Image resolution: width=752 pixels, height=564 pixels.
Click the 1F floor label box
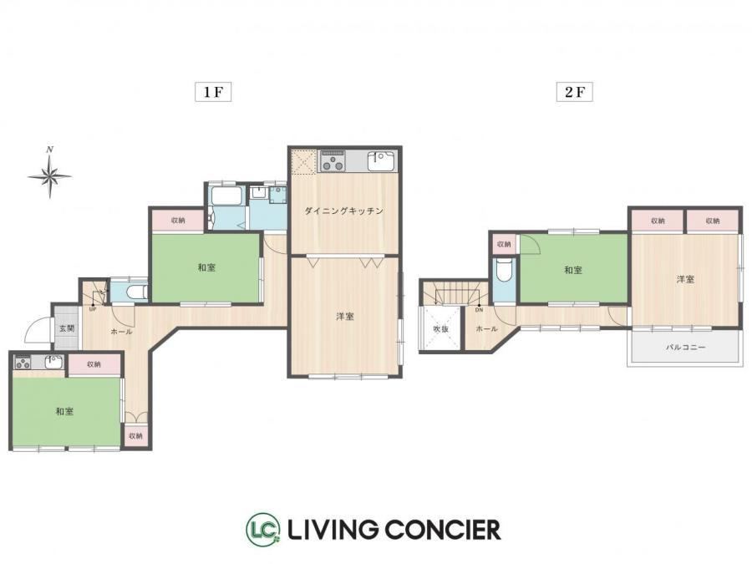click(x=213, y=92)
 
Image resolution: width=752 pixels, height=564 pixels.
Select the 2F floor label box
click(x=574, y=92)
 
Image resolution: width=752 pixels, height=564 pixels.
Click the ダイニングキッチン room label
click(x=344, y=211)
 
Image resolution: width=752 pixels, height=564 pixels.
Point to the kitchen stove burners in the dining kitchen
click(x=333, y=161)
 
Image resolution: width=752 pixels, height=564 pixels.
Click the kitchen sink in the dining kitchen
click(x=381, y=161)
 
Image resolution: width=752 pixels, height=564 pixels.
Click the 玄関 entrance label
click(x=67, y=329)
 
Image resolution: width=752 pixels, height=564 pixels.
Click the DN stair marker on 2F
click(x=479, y=310)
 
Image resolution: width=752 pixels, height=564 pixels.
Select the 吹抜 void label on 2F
click(x=440, y=329)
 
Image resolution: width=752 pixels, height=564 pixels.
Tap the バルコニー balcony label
click(x=685, y=347)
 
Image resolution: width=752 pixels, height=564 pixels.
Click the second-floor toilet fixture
click(x=503, y=271)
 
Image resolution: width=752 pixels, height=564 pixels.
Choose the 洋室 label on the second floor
click(x=685, y=279)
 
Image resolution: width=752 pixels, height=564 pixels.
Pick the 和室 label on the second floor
click(x=573, y=270)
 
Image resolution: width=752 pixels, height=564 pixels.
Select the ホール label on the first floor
click(x=121, y=332)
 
